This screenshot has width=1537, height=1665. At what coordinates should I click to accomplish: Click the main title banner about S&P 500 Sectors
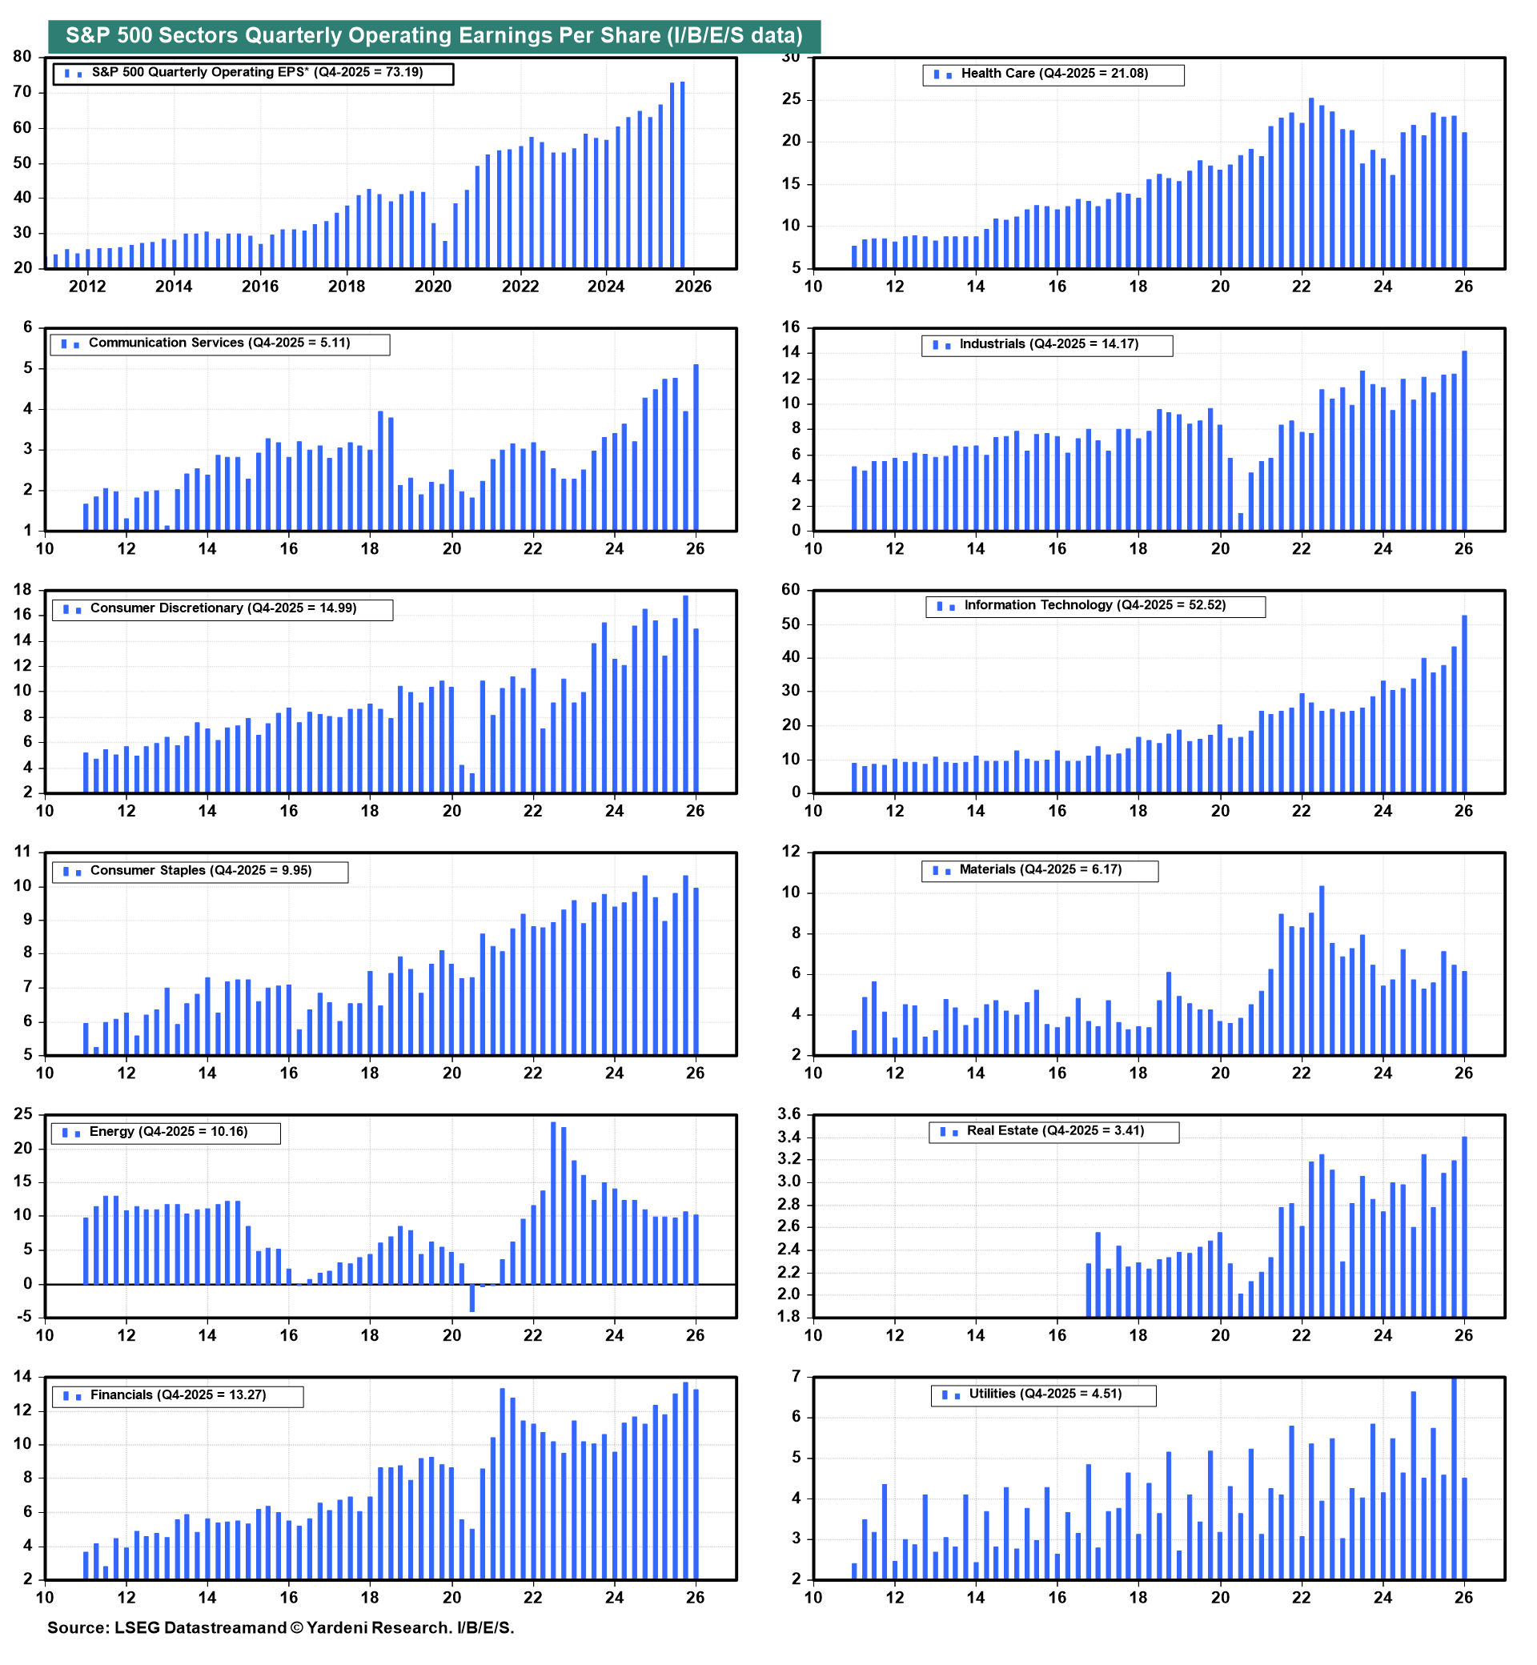433,36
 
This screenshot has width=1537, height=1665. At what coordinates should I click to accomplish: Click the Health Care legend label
1053,74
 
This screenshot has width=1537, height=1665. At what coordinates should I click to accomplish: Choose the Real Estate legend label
1054,1132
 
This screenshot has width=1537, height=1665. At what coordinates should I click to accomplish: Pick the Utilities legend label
1045,1394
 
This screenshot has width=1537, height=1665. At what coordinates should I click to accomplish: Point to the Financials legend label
178,1395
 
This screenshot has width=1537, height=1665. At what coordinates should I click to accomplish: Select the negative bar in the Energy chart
472,1298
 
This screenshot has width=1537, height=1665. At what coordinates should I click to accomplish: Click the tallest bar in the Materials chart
1322,969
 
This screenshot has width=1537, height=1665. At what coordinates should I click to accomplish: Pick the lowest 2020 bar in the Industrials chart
1240,521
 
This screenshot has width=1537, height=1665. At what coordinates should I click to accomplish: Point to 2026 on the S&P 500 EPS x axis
692,287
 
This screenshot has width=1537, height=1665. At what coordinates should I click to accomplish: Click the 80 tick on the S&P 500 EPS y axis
22,57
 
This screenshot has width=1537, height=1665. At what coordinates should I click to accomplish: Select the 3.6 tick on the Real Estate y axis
789,1114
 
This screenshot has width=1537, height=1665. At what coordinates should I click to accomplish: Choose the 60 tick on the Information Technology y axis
790,591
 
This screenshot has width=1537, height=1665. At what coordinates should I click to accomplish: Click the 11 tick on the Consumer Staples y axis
22,853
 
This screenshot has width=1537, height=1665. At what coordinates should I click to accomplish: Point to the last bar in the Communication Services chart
696,447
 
